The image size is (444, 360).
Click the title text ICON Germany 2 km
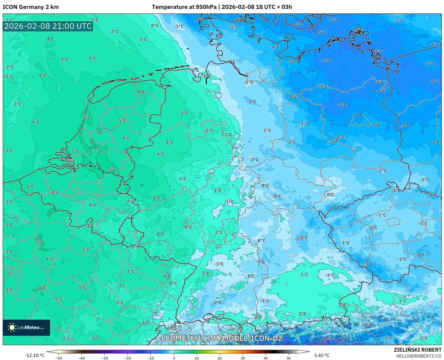coord(31,7)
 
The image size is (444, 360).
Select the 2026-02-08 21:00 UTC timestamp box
coord(48,26)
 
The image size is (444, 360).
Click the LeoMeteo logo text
coord(30,327)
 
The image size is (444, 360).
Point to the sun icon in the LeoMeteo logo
coord(12,327)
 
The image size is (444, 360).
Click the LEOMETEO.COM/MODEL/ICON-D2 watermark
coord(222,338)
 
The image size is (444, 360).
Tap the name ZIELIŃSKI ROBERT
coord(418,350)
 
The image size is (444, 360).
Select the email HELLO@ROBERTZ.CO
coord(419,356)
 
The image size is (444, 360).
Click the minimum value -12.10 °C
coord(34,355)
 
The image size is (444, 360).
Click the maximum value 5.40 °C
coord(322,355)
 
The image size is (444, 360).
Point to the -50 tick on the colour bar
coord(59,358)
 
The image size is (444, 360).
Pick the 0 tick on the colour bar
coord(174,358)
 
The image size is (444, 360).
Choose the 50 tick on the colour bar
coord(289,358)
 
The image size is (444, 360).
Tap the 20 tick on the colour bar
coord(220,358)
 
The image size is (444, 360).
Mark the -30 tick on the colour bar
coord(105,358)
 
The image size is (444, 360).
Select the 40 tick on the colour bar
coord(266,358)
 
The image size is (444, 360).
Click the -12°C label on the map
coord(328,338)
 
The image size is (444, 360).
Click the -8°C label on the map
coord(368,326)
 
